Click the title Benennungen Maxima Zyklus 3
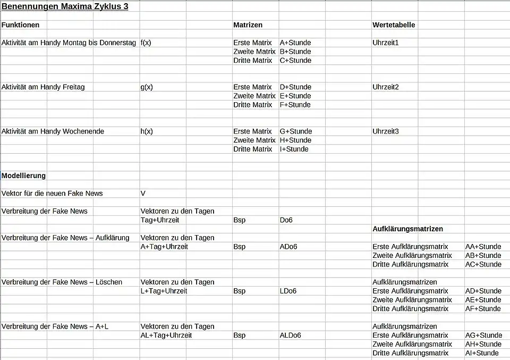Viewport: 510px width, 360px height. (65, 7)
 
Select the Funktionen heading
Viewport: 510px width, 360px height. (20, 25)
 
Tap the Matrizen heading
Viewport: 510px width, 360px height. (248, 25)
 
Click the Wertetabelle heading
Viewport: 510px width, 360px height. (394, 25)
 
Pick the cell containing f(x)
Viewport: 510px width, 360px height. (146, 43)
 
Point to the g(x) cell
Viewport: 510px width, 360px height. (147, 87)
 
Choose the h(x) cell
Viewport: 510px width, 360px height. (147, 131)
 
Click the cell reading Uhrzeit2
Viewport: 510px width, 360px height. (386, 87)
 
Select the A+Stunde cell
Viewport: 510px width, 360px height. (295, 43)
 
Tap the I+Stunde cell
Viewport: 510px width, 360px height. (294, 149)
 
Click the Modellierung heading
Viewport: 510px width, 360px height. (23, 175)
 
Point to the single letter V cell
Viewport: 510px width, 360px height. (143, 194)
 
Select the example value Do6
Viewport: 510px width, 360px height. (286, 220)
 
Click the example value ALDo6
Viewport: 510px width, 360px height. (290, 336)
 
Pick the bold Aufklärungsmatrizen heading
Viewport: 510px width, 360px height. (407, 229)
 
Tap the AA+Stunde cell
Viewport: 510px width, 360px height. (483, 247)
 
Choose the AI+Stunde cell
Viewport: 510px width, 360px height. (482, 353)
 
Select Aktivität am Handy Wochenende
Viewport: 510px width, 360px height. (53, 131)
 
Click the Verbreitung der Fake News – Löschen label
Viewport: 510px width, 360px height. (62, 282)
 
